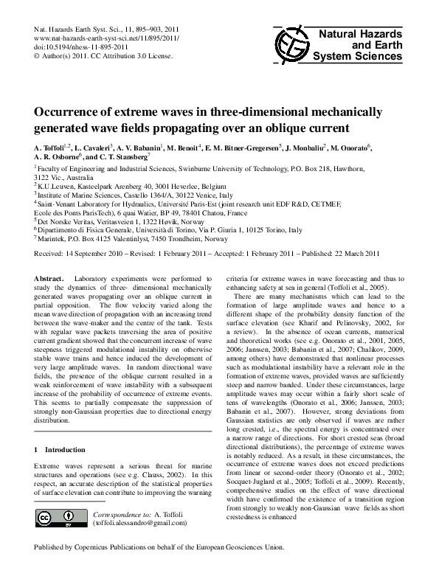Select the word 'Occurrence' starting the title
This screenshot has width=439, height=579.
pyautogui.click(x=68, y=113)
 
